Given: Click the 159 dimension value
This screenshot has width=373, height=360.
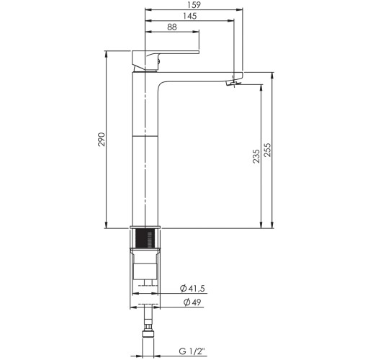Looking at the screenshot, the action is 194,5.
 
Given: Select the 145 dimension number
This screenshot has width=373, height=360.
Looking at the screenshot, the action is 190,16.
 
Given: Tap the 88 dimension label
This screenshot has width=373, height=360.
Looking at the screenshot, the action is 172,27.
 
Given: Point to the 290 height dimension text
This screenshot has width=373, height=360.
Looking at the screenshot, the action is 102,139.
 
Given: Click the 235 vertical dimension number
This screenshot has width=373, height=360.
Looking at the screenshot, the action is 256,156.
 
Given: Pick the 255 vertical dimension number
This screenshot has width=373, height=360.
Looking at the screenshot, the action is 267,150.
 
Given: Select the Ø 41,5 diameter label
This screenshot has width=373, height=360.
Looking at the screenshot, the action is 192,288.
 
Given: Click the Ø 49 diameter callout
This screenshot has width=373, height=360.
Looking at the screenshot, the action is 192,302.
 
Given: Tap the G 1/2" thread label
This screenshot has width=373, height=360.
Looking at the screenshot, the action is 192,351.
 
